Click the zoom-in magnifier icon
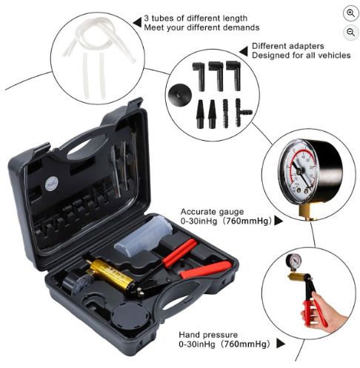tap(350, 13)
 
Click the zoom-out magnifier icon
tap(350, 33)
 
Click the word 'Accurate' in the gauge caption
tap(196, 212)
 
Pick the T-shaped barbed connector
tap(243, 113)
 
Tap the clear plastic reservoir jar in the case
tap(143, 235)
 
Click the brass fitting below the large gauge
tap(307, 211)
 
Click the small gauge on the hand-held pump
tap(293, 262)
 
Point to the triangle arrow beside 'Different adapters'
tap(243, 51)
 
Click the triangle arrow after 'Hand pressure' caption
tap(281, 344)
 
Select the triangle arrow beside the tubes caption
tap(137, 22)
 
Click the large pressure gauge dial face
tap(299, 172)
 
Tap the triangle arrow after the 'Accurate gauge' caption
tap(279, 221)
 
